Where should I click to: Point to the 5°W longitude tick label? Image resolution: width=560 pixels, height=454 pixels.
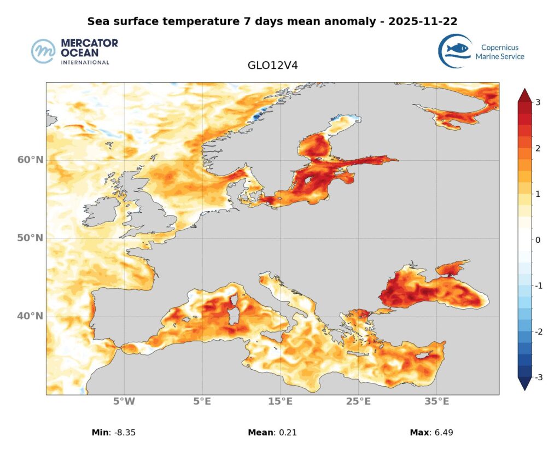[124, 402]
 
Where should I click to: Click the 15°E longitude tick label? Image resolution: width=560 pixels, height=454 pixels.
[280, 402]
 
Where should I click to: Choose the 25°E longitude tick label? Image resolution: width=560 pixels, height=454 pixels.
[358, 402]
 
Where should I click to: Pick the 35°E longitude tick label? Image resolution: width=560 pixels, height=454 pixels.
[436, 402]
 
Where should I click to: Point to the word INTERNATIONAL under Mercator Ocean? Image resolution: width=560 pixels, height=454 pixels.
[85, 62]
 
